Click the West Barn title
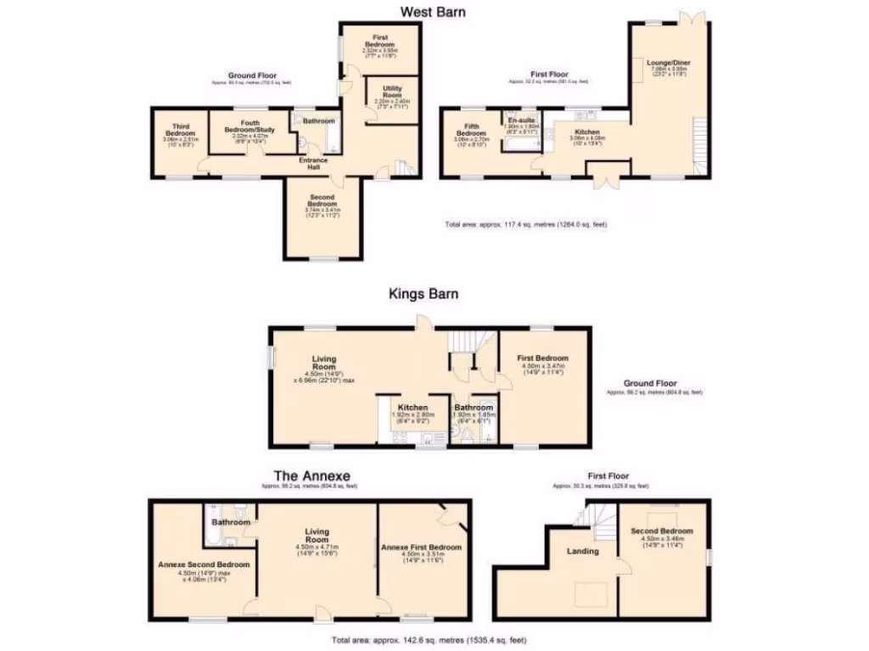(x=433, y=12)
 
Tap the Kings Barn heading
(x=423, y=294)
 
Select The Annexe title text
(x=311, y=476)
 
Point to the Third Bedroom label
(x=180, y=131)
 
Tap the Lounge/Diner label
(x=663, y=64)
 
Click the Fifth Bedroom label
(x=471, y=131)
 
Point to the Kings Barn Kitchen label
(x=412, y=408)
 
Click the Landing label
(x=583, y=551)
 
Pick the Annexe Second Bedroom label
(x=203, y=565)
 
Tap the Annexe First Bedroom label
(x=422, y=547)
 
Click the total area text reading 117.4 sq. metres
(x=526, y=225)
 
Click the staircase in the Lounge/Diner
(x=700, y=145)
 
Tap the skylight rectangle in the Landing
(x=591, y=594)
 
